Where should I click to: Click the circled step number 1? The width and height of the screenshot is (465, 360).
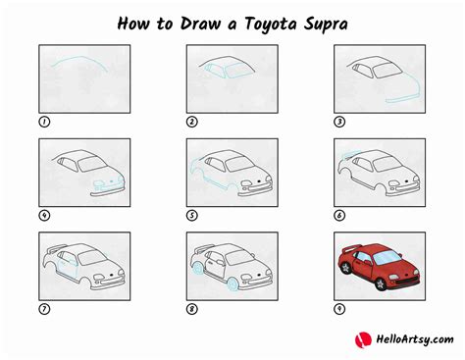pyautogui.click(x=43, y=122)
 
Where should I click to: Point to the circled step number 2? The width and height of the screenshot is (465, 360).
pyautogui.click(x=192, y=122)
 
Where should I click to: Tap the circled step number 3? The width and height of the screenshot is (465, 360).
pyautogui.click(x=340, y=122)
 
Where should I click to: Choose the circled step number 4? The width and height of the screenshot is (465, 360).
pyautogui.click(x=43, y=215)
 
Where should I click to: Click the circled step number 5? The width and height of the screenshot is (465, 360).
pyautogui.click(x=192, y=215)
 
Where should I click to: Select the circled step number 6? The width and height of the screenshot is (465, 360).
pyautogui.click(x=340, y=215)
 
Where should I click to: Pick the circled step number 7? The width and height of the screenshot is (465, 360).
pyautogui.click(x=43, y=309)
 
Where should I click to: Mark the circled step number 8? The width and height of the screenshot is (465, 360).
pyautogui.click(x=192, y=309)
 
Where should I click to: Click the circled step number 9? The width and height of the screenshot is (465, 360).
pyautogui.click(x=340, y=309)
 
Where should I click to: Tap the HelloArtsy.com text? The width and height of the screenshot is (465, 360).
pyautogui.click(x=406, y=341)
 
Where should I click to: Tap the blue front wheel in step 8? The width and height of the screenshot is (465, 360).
pyautogui.click(x=232, y=286)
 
